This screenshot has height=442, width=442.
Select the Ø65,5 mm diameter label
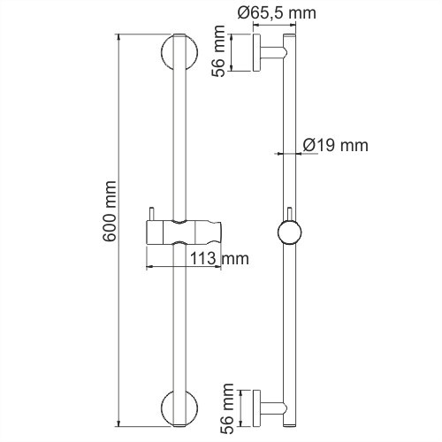pos(274,11)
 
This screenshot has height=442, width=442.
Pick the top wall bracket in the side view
pos(265,52)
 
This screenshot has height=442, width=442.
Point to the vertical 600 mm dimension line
pos(121,221)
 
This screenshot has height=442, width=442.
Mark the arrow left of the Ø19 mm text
pos(279,153)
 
